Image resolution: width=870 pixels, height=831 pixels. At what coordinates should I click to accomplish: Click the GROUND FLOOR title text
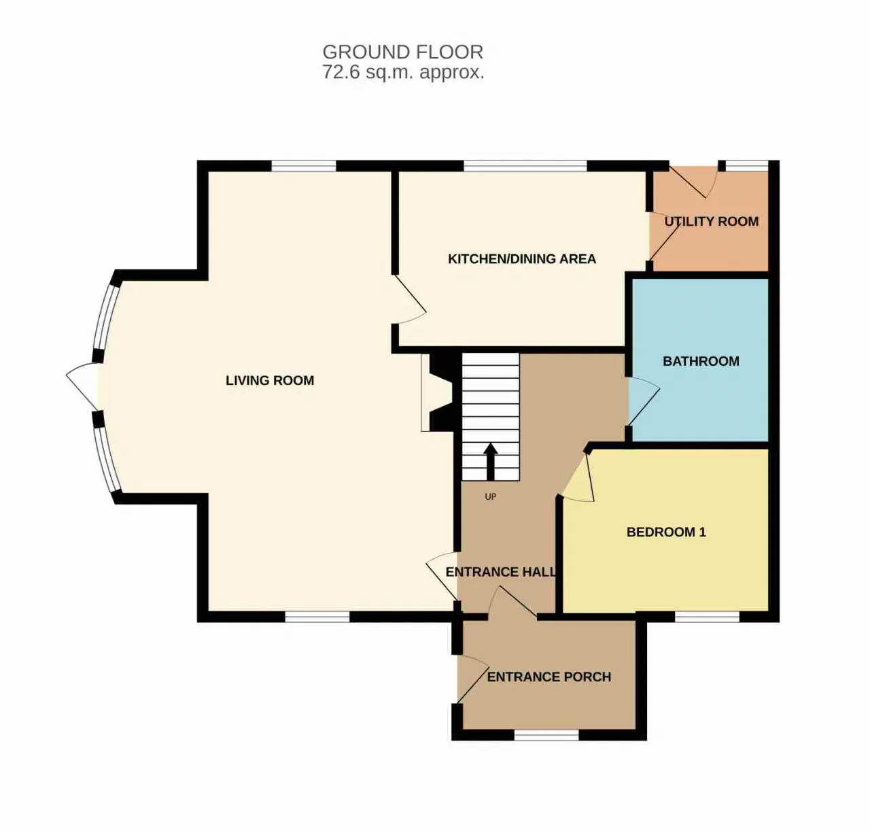point(403,52)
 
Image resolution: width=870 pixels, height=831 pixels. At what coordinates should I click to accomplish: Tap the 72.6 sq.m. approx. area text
point(403,72)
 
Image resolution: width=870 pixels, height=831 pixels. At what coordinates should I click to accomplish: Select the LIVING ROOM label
point(270,381)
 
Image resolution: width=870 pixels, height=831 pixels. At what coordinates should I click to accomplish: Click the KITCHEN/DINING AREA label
point(522,259)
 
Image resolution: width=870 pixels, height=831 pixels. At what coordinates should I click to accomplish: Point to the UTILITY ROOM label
point(711,222)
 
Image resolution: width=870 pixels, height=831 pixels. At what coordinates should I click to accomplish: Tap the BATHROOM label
point(701,361)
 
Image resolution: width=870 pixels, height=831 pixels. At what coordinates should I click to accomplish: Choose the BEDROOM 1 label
point(666,532)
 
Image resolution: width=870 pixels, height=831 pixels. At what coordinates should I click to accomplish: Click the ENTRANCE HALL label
point(501,572)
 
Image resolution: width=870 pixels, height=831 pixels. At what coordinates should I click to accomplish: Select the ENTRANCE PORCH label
point(549,677)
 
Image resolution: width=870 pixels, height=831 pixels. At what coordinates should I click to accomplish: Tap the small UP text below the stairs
point(491,497)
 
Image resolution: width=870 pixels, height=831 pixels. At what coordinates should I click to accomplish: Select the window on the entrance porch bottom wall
point(546,735)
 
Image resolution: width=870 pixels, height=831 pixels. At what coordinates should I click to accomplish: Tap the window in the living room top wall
point(304,166)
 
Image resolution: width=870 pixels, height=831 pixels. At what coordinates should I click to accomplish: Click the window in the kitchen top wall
point(525,166)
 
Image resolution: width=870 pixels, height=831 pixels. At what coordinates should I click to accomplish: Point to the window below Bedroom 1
point(708,617)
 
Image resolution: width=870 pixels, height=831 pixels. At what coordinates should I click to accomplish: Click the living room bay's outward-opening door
point(82,386)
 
